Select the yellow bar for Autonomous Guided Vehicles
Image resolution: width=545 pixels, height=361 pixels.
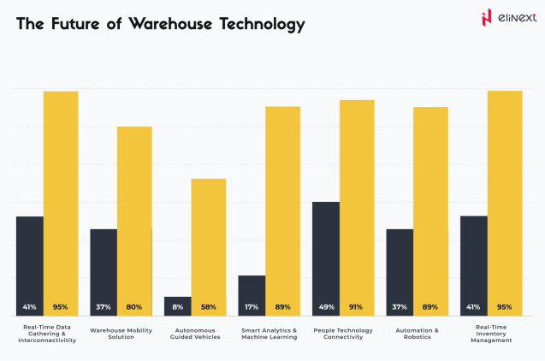(208, 240)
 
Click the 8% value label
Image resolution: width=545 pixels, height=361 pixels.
(177, 307)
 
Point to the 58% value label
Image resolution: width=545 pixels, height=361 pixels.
(208, 307)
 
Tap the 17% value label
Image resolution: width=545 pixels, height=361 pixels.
(252, 307)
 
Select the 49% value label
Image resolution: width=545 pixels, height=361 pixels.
(325, 307)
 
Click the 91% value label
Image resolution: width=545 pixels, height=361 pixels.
(356, 307)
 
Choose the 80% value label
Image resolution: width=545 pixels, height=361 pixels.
(134, 307)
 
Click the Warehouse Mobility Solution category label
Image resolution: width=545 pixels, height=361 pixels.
(121, 334)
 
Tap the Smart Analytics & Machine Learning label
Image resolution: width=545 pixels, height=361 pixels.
(269, 334)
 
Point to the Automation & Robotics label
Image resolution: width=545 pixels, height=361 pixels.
(417, 334)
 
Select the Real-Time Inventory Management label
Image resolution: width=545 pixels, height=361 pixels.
(491, 334)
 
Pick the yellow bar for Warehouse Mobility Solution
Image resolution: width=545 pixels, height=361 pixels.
(134, 214)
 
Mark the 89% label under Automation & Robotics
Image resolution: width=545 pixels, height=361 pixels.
(430, 307)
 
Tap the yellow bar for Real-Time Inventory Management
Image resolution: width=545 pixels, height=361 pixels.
(505, 197)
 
